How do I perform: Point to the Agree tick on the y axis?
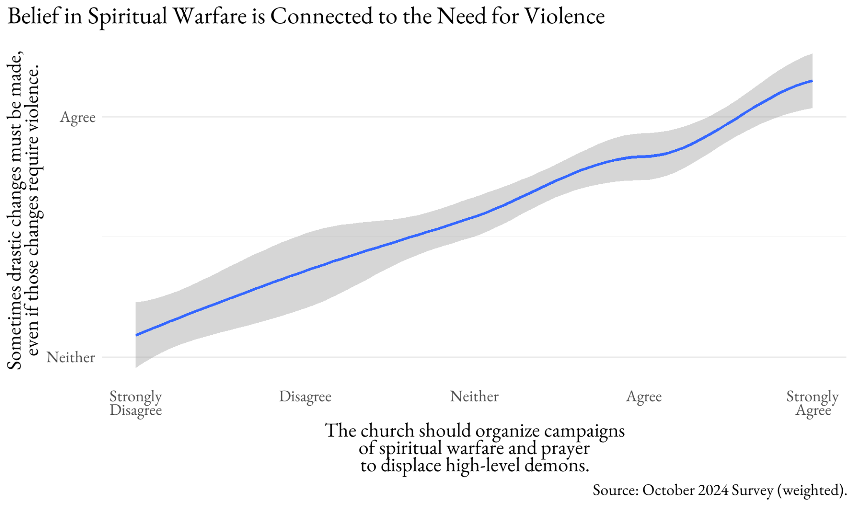click(x=78, y=117)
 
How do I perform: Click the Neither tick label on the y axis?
click(x=71, y=357)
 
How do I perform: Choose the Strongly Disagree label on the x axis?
click(x=136, y=403)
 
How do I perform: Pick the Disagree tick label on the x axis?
click(x=305, y=396)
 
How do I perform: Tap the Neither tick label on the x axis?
click(x=474, y=396)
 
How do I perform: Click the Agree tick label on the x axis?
click(x=643, y=397)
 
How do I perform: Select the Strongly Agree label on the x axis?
click(x=812, y=403)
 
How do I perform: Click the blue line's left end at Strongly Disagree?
click(x=136, y=335)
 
